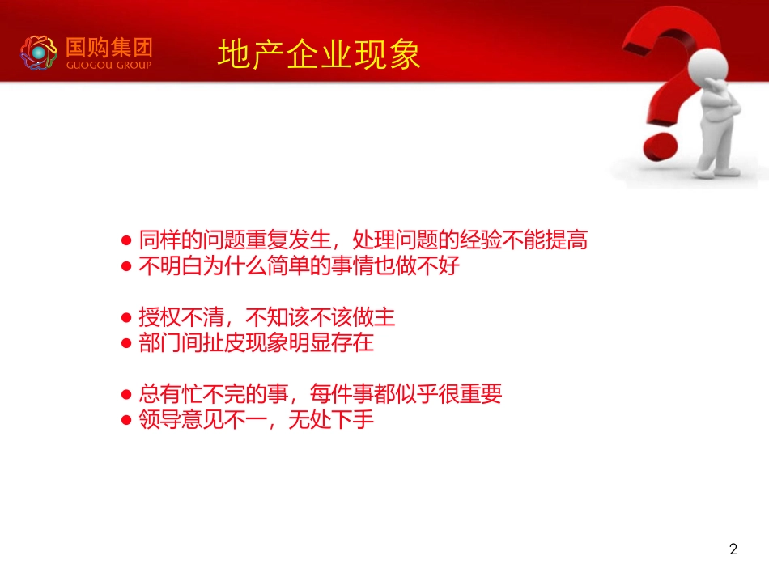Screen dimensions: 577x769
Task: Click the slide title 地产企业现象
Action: (319, 54)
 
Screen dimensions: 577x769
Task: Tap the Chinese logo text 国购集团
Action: (108, 47)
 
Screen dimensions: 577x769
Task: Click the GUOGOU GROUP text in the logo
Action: (108, 65)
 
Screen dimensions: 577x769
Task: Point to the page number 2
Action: (733, 550)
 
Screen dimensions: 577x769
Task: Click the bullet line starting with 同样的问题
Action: (363, 240)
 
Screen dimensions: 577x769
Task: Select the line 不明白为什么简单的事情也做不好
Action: (299, 266)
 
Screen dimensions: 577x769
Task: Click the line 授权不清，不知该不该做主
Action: (267, 316)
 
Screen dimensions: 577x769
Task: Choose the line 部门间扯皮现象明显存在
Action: (256, 342)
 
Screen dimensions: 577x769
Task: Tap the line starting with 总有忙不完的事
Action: (321, 394)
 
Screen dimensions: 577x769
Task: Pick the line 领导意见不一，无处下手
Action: (256, 420)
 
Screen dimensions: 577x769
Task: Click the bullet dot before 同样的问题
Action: (126, 241)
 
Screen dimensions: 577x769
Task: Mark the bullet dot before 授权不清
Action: (126, 317)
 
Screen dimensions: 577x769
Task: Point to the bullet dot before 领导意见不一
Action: (126, 421)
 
